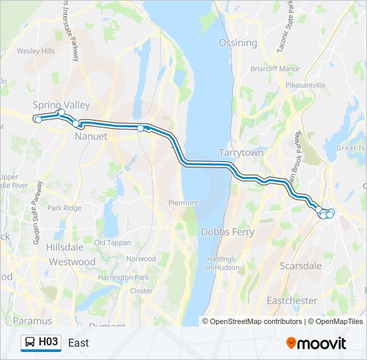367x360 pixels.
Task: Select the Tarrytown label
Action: (242, 153)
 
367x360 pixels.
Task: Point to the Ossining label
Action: (238, 43)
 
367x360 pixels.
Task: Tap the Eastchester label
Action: (292, 301)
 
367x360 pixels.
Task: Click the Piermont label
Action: (183, 203)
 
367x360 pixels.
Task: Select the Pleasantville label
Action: (305, 85)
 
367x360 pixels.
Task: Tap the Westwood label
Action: (72, 262)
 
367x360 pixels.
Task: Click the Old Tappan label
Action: (112, 243)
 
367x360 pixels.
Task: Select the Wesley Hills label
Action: (36, 51)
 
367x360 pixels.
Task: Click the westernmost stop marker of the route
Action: (38, 119)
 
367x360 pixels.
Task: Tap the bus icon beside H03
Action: (31, 343)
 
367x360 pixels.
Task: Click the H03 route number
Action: (49, 343)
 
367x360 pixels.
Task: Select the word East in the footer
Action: (78, 343)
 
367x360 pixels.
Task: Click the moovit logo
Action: (317, 343)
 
